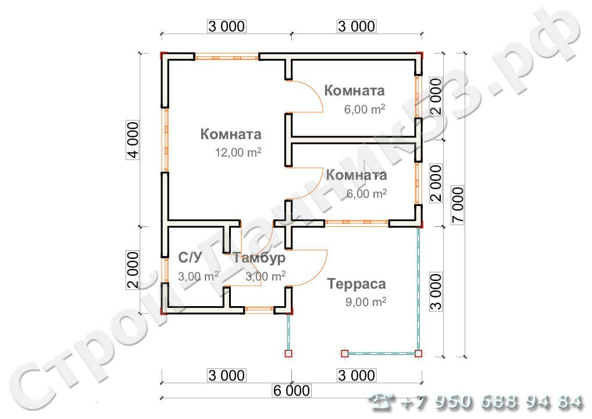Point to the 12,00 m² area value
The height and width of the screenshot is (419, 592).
click(238, 152)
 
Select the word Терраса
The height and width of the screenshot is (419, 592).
click(356, 285)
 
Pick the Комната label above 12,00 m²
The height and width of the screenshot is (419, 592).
click(231, 134)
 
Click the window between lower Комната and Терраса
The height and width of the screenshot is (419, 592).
click(356, 222)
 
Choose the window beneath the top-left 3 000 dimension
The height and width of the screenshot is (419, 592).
click(226, 58)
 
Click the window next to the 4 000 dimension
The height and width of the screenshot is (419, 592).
click(165, 140)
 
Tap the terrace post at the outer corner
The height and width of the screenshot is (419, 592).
click(418, 353)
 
